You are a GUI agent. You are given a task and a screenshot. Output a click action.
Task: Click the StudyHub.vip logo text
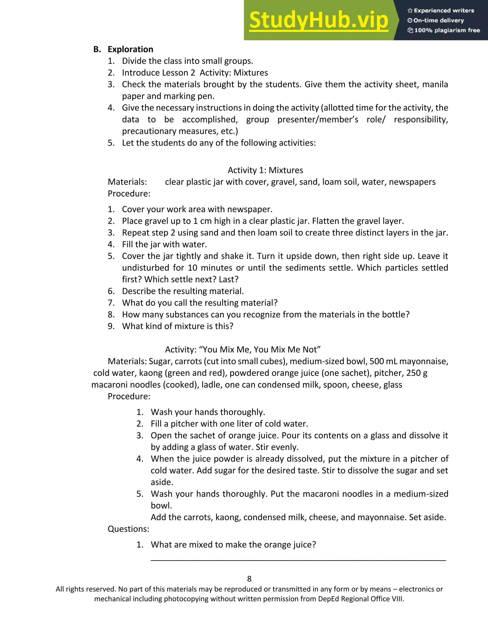click(318, 20)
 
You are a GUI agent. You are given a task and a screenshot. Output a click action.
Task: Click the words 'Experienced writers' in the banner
click(444, 11)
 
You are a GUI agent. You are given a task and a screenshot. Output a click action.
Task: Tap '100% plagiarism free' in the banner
click(447, 30)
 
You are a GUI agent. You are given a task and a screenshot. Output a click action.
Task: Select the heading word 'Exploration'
click(130, 49)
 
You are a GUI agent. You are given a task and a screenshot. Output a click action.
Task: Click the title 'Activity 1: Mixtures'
click(265, 170)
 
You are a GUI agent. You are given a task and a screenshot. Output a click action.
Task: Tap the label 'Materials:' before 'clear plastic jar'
click(127, 182)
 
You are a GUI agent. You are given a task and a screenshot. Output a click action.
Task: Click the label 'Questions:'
click(128, 529)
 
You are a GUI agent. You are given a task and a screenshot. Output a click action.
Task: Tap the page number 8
click(249, 579)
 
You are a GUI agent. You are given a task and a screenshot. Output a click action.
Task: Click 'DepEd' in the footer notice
click(328, 599)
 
